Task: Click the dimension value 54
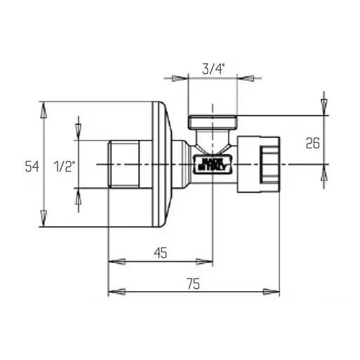(32, 166)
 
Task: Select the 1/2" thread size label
(65, 166)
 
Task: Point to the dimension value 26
(312, 143)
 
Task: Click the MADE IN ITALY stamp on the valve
(210, 164)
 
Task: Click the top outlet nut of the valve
(214, 121)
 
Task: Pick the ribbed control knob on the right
(266, 164)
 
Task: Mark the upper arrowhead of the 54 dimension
(44, 109)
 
